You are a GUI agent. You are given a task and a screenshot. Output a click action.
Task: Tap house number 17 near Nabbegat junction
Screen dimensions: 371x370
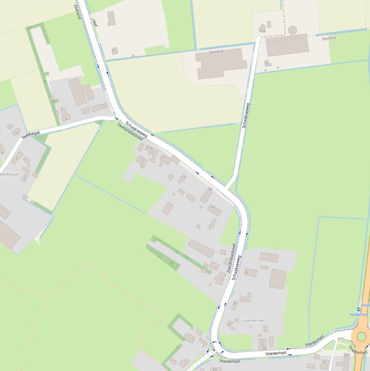point(104,105)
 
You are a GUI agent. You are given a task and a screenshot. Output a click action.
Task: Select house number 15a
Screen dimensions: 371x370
point(149,148)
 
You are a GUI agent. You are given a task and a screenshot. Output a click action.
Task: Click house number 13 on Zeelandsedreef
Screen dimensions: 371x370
point(163,157)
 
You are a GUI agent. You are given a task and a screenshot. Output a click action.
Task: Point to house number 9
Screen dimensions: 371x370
point(210,190)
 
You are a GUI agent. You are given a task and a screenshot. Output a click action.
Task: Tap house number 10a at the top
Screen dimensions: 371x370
point(262,31)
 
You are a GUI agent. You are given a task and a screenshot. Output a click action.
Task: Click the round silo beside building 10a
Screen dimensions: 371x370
point(293,30)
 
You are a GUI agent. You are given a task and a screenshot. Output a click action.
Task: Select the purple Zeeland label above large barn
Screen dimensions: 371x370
point(216,51)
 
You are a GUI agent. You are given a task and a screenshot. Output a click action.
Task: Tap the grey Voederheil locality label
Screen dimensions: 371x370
point(253,320)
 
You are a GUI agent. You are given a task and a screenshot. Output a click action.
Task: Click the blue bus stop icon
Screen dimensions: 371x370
point(358,309)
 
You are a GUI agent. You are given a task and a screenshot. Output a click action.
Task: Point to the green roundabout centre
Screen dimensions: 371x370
point(361,336)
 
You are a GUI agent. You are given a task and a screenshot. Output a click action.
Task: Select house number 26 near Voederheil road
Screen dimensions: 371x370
point(264,348)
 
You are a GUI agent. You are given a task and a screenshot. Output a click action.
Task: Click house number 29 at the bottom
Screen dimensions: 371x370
point(346,355)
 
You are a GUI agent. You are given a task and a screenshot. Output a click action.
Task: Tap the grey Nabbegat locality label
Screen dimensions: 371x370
point(9,174)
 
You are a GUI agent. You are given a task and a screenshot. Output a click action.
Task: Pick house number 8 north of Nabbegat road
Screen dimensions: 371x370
point(66,119)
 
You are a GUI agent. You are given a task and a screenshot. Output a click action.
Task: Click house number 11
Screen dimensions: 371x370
point(183,177)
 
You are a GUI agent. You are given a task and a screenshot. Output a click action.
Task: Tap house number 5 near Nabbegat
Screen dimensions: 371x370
point(24,179)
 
